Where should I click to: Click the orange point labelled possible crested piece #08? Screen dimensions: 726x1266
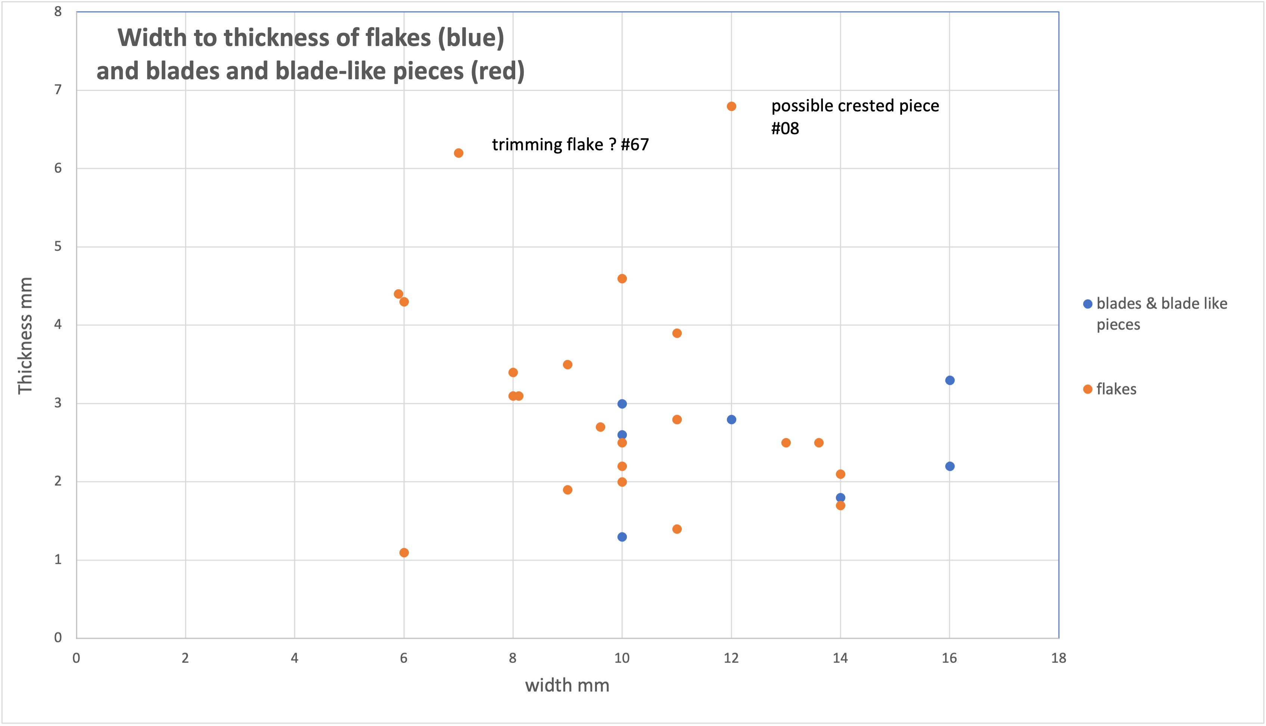pyautogui.click(x=731, y=106)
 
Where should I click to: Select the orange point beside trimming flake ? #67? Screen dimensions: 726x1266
pyautogui.click(x=458, y=153)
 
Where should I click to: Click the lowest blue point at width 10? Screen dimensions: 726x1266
pyautogui.click(x=622, y=537)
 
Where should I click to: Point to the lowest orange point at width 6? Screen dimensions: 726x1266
pyautogui.click(x=404, y=553)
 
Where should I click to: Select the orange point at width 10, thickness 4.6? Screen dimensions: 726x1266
pyautogui.click(x=622, y=279)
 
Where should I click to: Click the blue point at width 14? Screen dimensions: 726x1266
pyautogui.click(x=840, y=498)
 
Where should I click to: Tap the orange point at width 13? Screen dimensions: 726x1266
pyautogui.click(x=786, y=443)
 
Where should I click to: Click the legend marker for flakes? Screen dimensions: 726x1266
pyautogui.click(x=1088, y=389)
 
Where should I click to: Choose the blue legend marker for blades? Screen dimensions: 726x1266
pyautogui.click(x=1088, y=304)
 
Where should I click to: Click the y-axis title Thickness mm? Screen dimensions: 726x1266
pyautogui.click(x=25, y=336)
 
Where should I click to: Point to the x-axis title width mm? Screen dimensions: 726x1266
pyautogui.click(x=567, y=686)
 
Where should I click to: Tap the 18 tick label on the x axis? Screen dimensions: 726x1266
pyautogui.click(x=1058, y=658)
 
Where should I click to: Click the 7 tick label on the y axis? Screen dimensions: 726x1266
pyautogui.click(x=58, y=90)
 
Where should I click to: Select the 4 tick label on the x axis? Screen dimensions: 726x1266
pyautogui.click(x=295, y=658)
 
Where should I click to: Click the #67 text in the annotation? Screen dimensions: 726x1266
pyautogui.click(x=635, y=145)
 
